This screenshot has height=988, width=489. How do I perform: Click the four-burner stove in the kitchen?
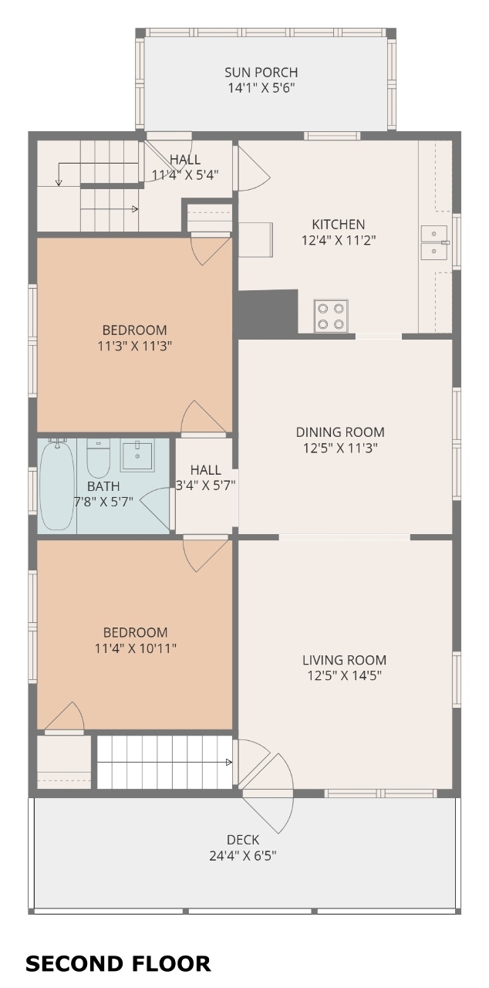(331, 316)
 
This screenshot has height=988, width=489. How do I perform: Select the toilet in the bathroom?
(98, 458)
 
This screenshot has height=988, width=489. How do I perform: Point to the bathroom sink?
(137, 455)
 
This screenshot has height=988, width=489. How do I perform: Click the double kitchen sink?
(434, 242)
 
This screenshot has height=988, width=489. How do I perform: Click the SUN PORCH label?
(261, 73)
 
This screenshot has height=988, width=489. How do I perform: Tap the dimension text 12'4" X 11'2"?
(339, 240)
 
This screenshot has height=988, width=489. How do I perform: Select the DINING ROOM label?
(340, 431)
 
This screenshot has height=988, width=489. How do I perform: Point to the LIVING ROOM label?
(345, 660)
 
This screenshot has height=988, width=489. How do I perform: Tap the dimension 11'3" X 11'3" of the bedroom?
(134, 346)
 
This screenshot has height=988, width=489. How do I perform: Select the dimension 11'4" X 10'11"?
(136, 648)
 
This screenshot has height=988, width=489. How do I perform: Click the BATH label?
(103, 486)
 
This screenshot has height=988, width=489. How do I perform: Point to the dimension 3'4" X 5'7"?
(206, 486)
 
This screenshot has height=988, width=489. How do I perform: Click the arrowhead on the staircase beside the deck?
(228, 762)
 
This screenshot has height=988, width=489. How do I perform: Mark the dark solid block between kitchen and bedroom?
(268, 313)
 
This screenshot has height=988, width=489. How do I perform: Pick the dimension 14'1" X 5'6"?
(261, 88)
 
